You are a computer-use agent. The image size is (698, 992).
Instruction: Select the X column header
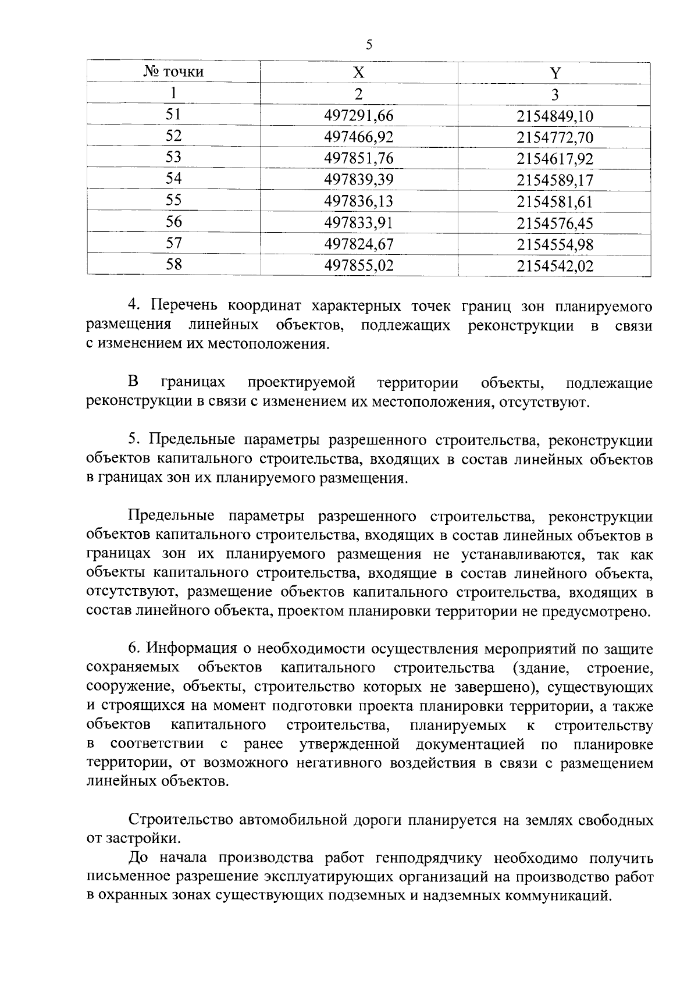pos(359,72)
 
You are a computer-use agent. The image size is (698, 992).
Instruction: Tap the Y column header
pos(555,73)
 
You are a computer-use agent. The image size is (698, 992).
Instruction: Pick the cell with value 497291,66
pos(359,116)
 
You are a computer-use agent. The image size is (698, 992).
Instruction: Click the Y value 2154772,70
pos(555,138)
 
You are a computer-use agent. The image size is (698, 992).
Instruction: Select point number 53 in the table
pos(173,158)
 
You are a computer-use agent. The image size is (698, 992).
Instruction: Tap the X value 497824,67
pos(359,244)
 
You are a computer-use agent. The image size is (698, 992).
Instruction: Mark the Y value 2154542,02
pos(555,266)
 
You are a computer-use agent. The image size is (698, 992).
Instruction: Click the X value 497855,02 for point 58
pos(359,265)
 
